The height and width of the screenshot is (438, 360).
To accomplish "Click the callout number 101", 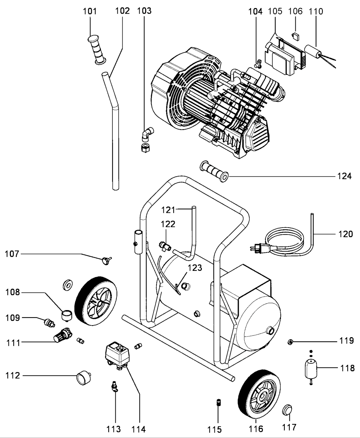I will pos(90,11).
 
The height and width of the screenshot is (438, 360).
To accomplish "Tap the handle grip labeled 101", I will pos(97,50).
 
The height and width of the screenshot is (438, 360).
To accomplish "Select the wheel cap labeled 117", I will pos(289,410).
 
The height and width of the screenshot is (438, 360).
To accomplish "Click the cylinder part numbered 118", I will pos(310,369).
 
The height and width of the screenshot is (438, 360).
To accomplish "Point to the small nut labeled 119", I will pos(291,341).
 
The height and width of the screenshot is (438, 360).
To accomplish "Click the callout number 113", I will pos(114,429).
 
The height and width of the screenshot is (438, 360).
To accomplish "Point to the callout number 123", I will pos(195,268).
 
